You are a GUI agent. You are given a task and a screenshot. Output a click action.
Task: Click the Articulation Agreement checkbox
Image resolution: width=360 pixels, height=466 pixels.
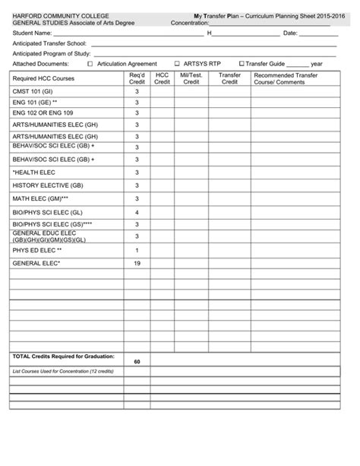click(90, 64)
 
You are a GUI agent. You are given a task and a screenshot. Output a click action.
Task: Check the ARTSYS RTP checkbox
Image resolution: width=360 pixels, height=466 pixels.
click(177, 64)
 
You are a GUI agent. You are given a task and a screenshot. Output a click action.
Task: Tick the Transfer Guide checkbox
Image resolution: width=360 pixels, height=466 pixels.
click(242, 64)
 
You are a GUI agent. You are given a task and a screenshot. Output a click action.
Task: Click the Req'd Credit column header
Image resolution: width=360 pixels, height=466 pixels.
click(137, 79)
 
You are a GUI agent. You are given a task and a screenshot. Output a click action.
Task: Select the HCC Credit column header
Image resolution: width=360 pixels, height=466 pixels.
click(162, 79)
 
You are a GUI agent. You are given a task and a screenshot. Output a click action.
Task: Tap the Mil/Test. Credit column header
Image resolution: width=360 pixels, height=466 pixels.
click(191, 79)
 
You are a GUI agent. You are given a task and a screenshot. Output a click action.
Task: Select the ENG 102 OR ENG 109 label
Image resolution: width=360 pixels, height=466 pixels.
click(42, 113)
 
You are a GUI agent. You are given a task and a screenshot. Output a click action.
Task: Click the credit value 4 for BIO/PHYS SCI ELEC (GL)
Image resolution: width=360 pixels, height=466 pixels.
click(137, 212)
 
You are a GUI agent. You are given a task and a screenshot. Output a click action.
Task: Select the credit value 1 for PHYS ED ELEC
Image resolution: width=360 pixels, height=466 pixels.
click(137, 250)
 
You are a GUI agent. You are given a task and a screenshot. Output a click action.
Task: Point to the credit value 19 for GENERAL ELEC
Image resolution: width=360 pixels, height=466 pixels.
click(137, 263)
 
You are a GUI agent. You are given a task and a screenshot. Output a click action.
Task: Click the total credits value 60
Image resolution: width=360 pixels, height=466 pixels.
click(137, 361)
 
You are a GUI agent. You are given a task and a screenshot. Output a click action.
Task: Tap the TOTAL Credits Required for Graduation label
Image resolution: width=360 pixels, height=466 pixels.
click(63, 356)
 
